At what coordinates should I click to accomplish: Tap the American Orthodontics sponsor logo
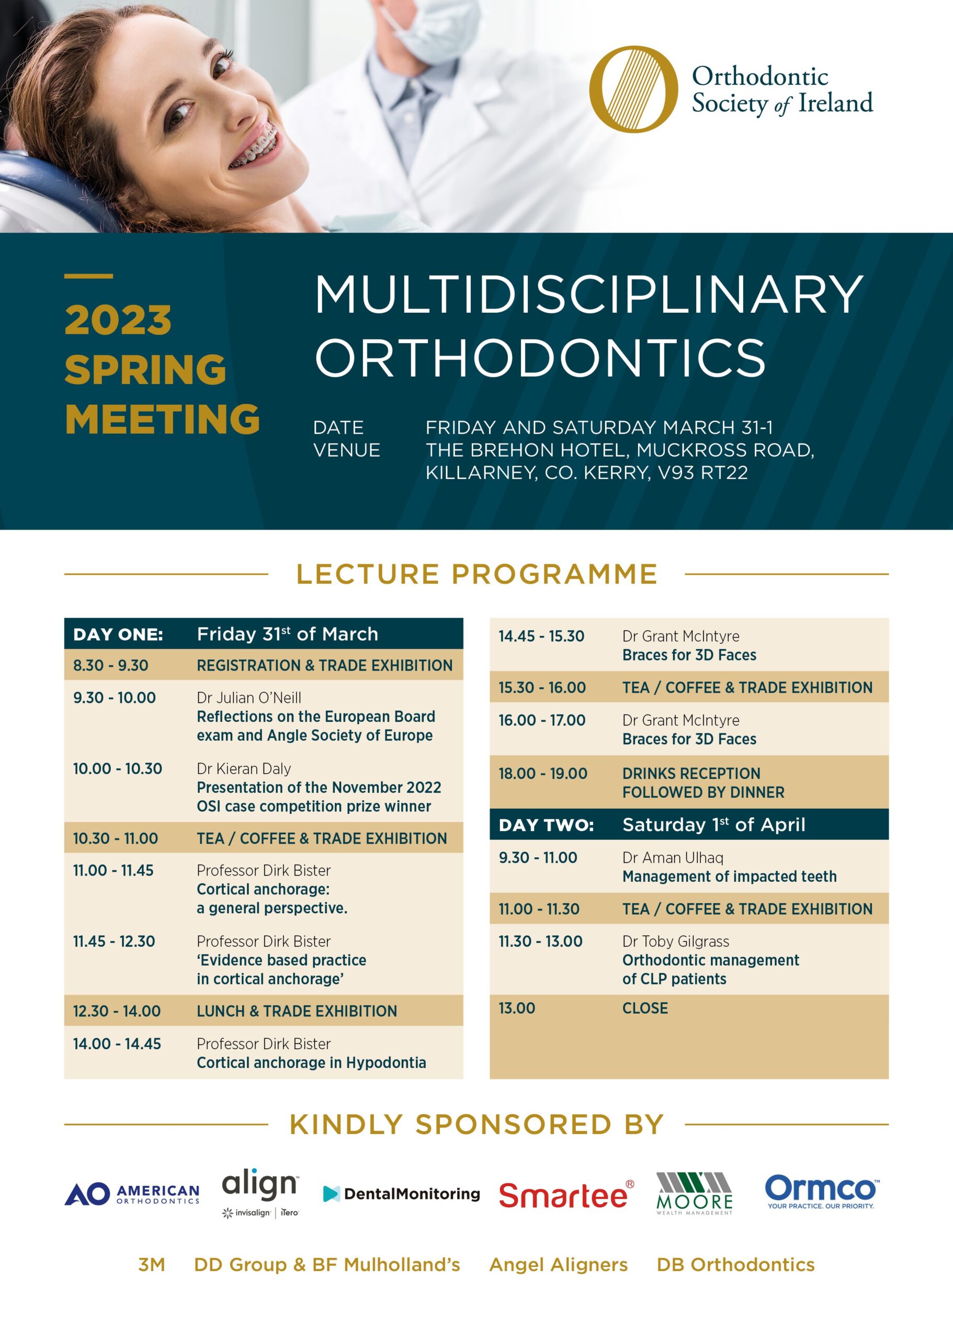click(132, 1194)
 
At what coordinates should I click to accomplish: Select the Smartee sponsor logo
click(566, 1194)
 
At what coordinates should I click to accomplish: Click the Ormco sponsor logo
click(822, 1191)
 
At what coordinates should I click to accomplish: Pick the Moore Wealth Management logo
click(694, 1194)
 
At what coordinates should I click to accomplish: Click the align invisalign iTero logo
click(260, 1193)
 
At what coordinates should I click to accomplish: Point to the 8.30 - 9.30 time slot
click(110, 665)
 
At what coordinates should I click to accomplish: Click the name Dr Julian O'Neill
click(249, 698)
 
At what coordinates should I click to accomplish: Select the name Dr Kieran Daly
click(244, 769)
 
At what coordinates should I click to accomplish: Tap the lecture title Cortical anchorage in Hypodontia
click(311, 1063)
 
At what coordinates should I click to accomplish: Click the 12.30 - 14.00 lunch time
click(116, 1011)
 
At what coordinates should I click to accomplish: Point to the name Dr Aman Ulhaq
click(673, 858)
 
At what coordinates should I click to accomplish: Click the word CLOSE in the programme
click(645, 1008)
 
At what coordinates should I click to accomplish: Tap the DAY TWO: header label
click(547, 825)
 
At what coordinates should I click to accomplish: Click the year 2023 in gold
click(118, 321)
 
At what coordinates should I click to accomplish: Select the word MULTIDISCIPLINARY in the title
click(588, 294)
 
